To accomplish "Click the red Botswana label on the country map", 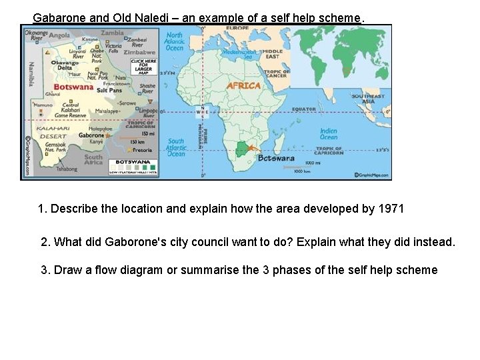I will coord(73,87).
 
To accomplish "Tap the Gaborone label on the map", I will coord(91,135).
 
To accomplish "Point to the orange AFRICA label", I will coord(243,86).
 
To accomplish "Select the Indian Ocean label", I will coord(329,135).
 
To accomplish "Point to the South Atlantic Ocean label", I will coord(176,147).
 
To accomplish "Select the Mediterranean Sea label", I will coord(238,54).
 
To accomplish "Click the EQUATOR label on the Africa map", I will coord(303,109).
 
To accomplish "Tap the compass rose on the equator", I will coord(203,111).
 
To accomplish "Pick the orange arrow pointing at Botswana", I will coord(252,149).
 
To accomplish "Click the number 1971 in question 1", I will coord(391,209).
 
